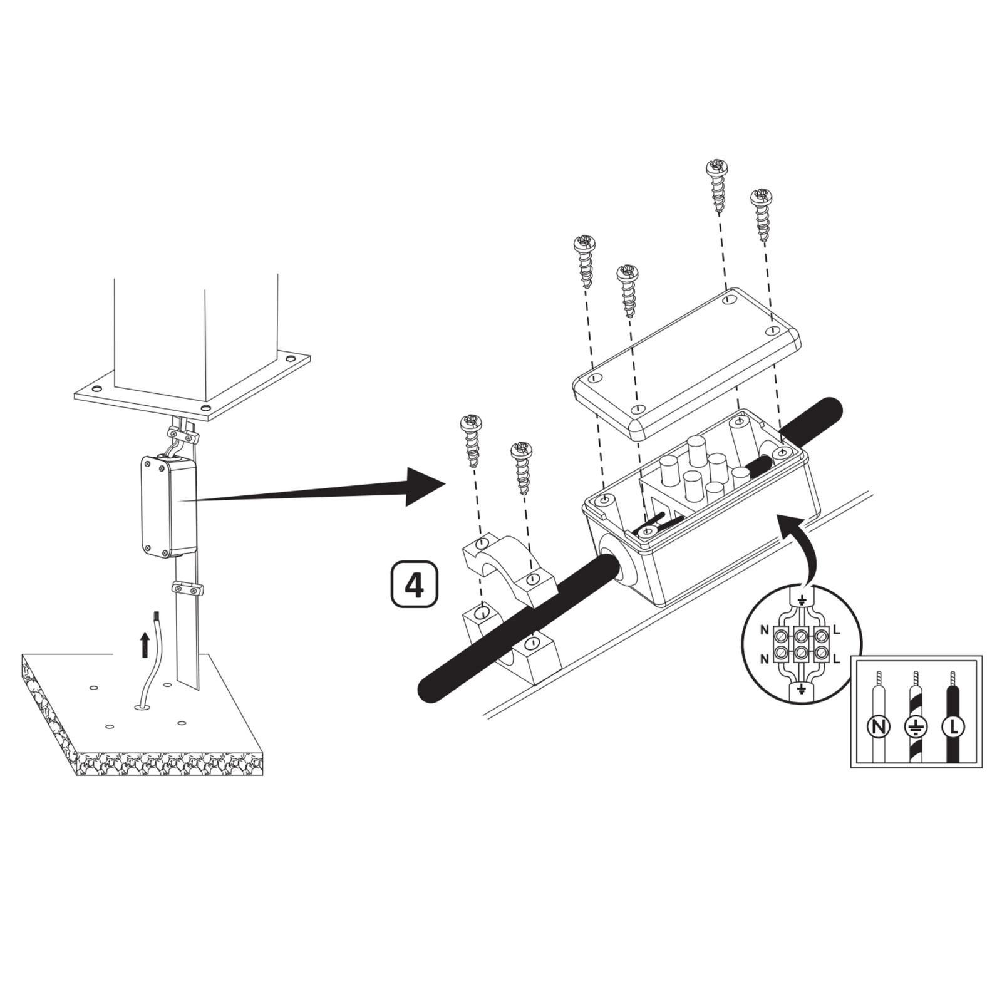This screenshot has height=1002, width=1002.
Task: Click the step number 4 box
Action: tap(415, 584)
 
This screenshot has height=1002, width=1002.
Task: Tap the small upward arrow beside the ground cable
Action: tap(145, 644)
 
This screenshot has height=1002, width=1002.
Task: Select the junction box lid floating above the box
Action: tap(687, 361)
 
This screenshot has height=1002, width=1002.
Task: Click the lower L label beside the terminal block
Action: tap(836, 658)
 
